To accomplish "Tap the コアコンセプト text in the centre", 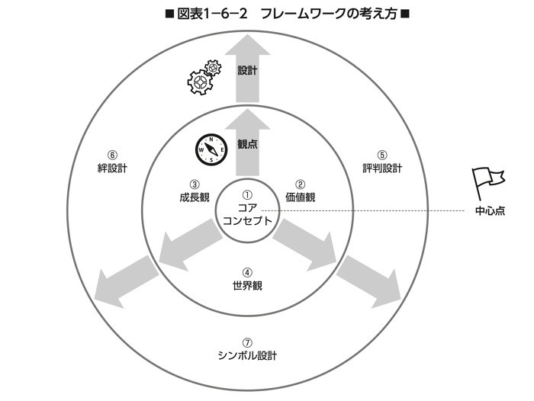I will point(246,213).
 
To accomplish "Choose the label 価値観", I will point(300,197).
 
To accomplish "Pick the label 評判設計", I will point(382,168).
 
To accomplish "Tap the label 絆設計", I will point(111,168).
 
